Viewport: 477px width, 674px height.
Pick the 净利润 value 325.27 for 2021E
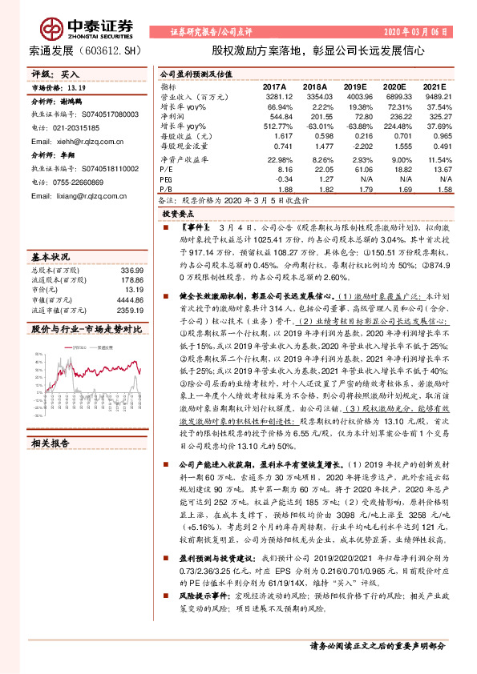click(435, 116)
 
